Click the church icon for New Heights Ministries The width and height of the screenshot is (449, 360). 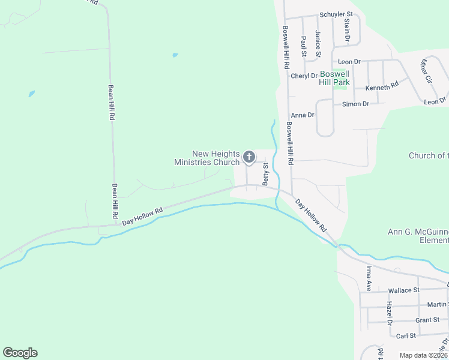[249, 158]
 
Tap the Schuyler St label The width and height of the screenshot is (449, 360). [336, 14]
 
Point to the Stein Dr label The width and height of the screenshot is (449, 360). [347, 30]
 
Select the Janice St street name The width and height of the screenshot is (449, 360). [318, 45]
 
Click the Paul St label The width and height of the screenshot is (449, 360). [304, 46]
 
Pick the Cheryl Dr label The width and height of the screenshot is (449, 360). [304, 76]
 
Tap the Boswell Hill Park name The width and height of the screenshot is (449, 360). [334, 78]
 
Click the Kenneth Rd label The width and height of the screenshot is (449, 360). [382, 87]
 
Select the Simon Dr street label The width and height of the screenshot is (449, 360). [355, 104]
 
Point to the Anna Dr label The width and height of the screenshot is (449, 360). [303, 115]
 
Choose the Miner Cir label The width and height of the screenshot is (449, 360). [426, 71]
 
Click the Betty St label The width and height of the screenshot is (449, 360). [264, 174]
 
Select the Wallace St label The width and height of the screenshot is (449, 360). [403, 290]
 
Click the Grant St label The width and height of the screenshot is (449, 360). [427, 320]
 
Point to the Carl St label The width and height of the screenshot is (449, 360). [406, 336]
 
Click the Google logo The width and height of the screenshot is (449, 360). [20, 353]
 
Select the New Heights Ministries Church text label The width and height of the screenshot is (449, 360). [207, 158]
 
